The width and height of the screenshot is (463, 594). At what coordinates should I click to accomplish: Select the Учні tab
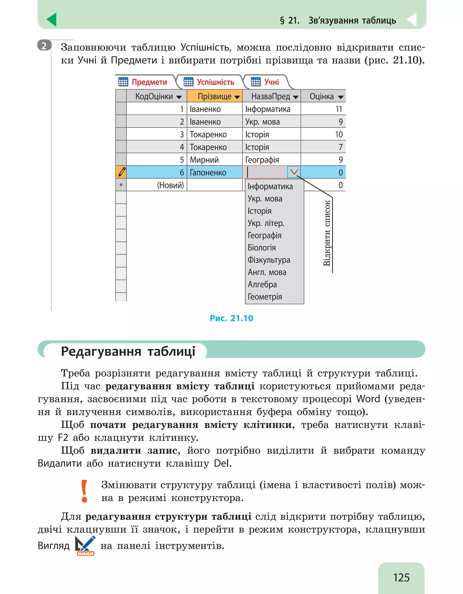coord(265,82)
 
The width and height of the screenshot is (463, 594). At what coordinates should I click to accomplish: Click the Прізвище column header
coord(215,96)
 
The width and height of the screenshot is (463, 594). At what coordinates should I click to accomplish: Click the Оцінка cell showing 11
coord(323,109)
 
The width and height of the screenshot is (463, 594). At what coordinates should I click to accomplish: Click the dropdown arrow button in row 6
coord(294,172)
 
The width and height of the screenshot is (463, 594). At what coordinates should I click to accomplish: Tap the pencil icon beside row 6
coord(121,172)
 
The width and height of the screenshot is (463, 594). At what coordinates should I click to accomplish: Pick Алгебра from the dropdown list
coord(262,285)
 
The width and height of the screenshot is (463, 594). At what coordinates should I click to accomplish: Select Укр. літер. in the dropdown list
coord(266,223)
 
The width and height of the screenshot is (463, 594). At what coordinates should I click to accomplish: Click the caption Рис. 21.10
coord(231,318)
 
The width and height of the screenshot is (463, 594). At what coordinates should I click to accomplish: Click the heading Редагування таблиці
coord(128,351)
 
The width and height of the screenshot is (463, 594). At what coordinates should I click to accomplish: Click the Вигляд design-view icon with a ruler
coord(85,546)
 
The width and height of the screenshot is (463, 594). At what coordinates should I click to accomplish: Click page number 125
coord(401,577)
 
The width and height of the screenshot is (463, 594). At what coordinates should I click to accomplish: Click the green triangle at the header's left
coord(52,20)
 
